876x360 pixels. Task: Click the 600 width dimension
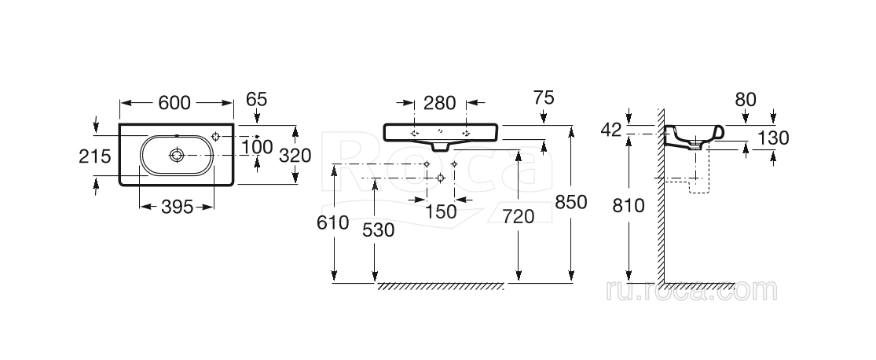click(176, 103)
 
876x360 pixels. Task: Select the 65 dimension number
click(257, 99)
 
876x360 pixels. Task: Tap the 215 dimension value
click(96, 156)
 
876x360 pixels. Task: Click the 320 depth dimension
click(295, 156)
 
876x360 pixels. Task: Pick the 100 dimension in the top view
click(257, 147)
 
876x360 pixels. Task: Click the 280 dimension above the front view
click(440, 103)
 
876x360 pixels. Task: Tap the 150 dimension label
click(440, 211)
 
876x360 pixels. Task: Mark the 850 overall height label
click(571, 202)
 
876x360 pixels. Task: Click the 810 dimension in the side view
click(629, 206)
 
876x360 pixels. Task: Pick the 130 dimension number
click(773, 138)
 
